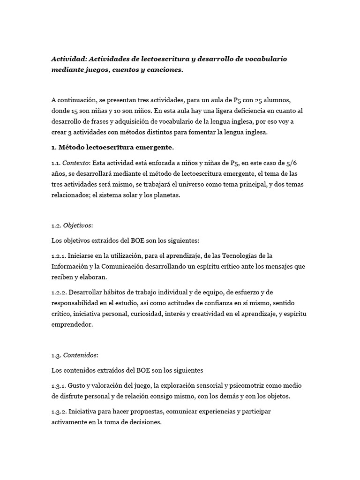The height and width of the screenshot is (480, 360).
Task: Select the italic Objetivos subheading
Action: (x=78, y=225)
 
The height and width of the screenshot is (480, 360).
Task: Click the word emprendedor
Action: (x=73, y=324)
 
